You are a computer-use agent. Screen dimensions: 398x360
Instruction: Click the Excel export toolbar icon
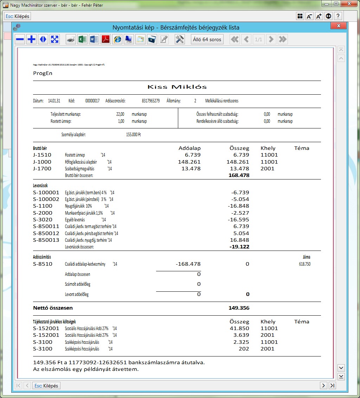(x=82, y=39)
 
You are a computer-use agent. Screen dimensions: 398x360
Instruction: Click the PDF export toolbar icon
(x=105, y=39)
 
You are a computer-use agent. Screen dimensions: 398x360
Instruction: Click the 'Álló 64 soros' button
(x=207, y=39)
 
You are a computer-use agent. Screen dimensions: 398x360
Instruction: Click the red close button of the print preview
(x=338, y=26)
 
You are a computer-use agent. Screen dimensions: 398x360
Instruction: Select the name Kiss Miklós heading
(x=177, y=87)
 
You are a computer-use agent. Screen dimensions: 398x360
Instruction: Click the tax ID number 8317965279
(x=151, y=101)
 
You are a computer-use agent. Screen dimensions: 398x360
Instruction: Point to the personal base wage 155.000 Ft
(x=133, y=134)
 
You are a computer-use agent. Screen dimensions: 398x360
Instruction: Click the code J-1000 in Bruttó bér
(x=42, y=162)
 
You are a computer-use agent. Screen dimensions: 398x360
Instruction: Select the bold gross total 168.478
(x=239, y=175)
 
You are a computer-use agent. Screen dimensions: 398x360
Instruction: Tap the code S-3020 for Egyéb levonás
(x=43, y=220)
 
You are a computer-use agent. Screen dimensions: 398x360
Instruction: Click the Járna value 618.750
(x=304, y=264)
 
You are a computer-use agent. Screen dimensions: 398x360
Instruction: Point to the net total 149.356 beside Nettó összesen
(x=239, y=308)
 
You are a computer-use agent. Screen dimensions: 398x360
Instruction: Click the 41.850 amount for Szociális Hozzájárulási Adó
(x=239, y=328)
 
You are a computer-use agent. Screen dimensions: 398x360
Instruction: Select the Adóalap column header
(x=189, y=148)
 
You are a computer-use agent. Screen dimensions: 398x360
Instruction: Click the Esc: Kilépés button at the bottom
(x=47, y=385)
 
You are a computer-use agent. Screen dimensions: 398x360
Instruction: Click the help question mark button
(x=337, y=16)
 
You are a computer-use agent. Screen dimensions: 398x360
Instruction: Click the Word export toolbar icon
(x=94, y=39)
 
